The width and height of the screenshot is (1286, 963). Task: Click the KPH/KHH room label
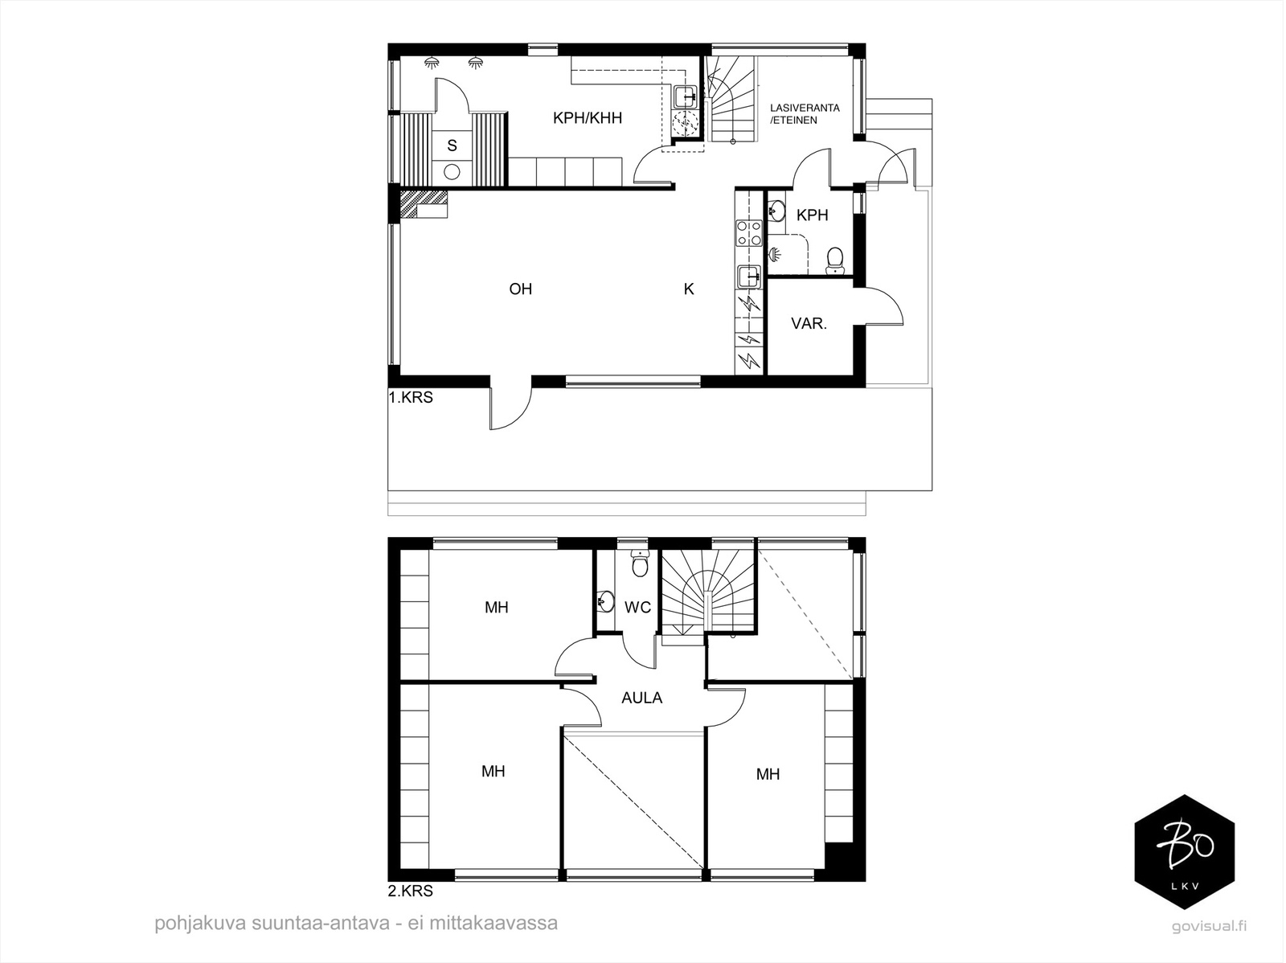coord(587,118)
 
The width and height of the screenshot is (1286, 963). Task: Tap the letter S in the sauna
coord(452,145)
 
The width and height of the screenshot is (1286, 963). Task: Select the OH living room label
coord(520,289)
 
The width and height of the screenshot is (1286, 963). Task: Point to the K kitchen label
coord(689,289)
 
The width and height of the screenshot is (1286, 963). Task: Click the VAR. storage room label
coord(809,323)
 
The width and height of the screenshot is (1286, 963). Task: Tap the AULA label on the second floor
coord(641,698)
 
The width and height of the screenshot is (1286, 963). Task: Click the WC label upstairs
coord(637,608)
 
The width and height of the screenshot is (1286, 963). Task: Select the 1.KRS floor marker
coord(411,397)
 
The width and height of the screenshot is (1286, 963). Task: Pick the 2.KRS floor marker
coord(410,891)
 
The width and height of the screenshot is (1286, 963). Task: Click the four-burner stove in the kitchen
coord(749,232)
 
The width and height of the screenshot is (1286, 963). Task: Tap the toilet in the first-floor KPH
coord(833,261)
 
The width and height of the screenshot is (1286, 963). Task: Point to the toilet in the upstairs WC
coord(639,563)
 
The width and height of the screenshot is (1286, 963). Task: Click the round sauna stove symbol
coord(451,172)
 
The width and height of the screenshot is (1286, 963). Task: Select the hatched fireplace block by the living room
coord(423,204)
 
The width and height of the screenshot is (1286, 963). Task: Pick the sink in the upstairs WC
coord(606,601)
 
